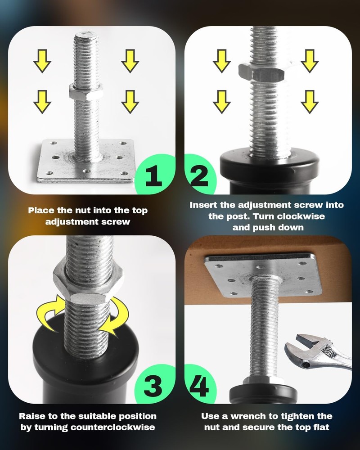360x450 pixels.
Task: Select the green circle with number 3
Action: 155,386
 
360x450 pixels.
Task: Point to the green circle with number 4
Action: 198,386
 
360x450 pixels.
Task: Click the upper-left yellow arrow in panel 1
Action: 42,61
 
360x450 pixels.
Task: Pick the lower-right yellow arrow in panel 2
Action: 310,101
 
